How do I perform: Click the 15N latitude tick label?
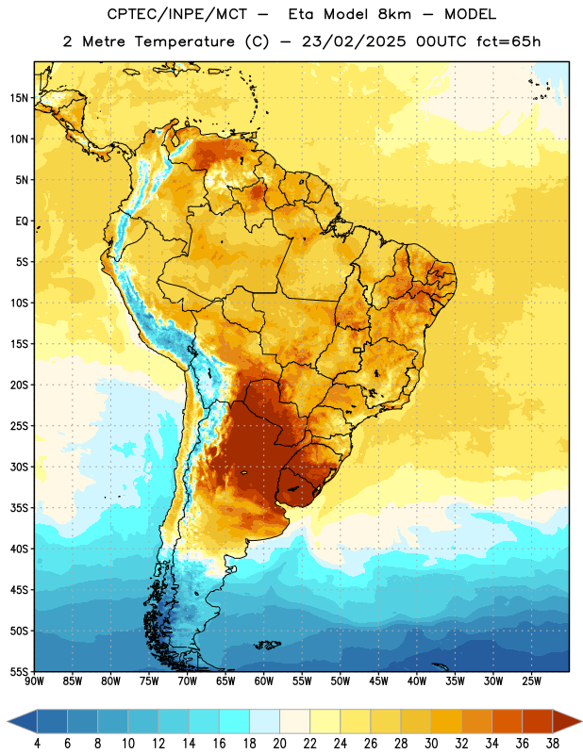coord(19,98)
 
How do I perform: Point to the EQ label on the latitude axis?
coord(22,221)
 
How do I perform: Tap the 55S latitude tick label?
coord(19,671)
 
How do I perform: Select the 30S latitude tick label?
coord(19,467)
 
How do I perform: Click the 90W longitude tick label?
coord(35,681)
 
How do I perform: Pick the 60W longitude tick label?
coord(264,681)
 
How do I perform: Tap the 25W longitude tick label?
coord(531,681)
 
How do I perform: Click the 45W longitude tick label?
coord(379,681)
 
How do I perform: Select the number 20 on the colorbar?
coord(279,744)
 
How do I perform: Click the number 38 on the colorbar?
coord(553,744)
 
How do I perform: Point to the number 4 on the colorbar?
coord(37,744)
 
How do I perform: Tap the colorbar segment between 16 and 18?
coord(235,721)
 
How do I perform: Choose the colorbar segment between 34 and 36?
coord(508,721)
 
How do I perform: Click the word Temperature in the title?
coord(184,41)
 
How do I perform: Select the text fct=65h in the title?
coord(508,41)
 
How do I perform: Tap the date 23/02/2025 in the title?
coord(354,41)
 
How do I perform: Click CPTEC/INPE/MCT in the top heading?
coord(177,14)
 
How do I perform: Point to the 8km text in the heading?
coord(394,14)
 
